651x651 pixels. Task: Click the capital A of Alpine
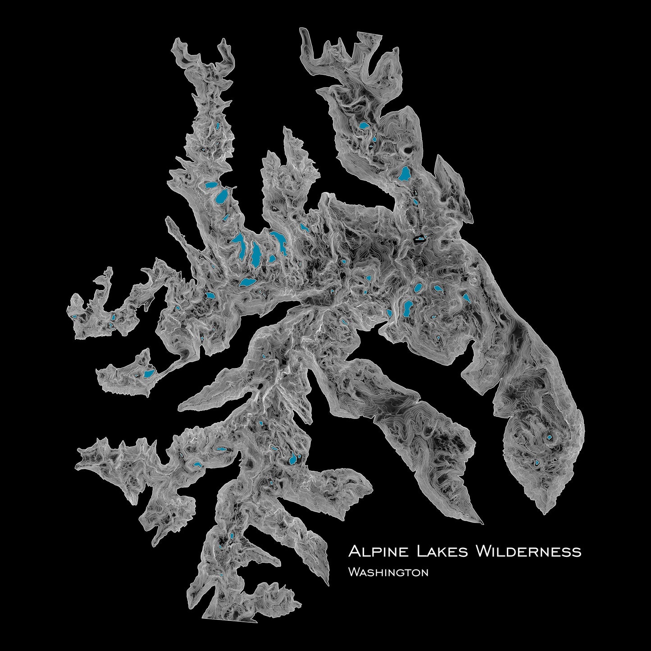354,551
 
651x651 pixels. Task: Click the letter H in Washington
380,574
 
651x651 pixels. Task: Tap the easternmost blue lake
549,437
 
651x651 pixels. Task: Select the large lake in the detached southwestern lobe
148,373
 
